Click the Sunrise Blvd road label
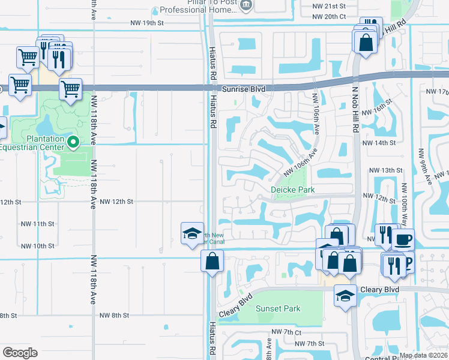(x=244, y=88)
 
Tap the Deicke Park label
(x=293, y=190)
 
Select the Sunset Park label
(x=278, y=309)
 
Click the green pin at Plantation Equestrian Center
(x=74, y=142)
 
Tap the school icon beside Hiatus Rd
(x=191, y=233)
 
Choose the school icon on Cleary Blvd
(x=345, y=296)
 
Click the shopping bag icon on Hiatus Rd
(x=212, y=262)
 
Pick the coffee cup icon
(x=403, y=240)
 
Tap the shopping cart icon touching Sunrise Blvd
(x=71, y=89)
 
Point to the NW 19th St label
(x=147, y=23)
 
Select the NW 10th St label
(x=38, y=246)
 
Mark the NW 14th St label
(x=379, y=143)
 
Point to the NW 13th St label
(x=384, y=170)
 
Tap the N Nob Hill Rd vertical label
(x=355, y=109)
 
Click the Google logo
(x=19, y=353)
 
